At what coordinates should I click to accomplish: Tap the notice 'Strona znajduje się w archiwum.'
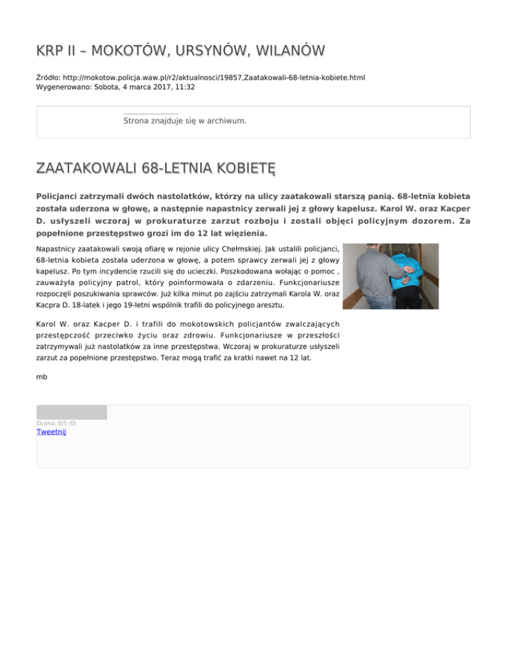tap(185, 121)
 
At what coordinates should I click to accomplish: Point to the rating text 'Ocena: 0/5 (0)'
tap(56, 423)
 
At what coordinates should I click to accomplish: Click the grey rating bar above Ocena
tap(71, 412)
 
